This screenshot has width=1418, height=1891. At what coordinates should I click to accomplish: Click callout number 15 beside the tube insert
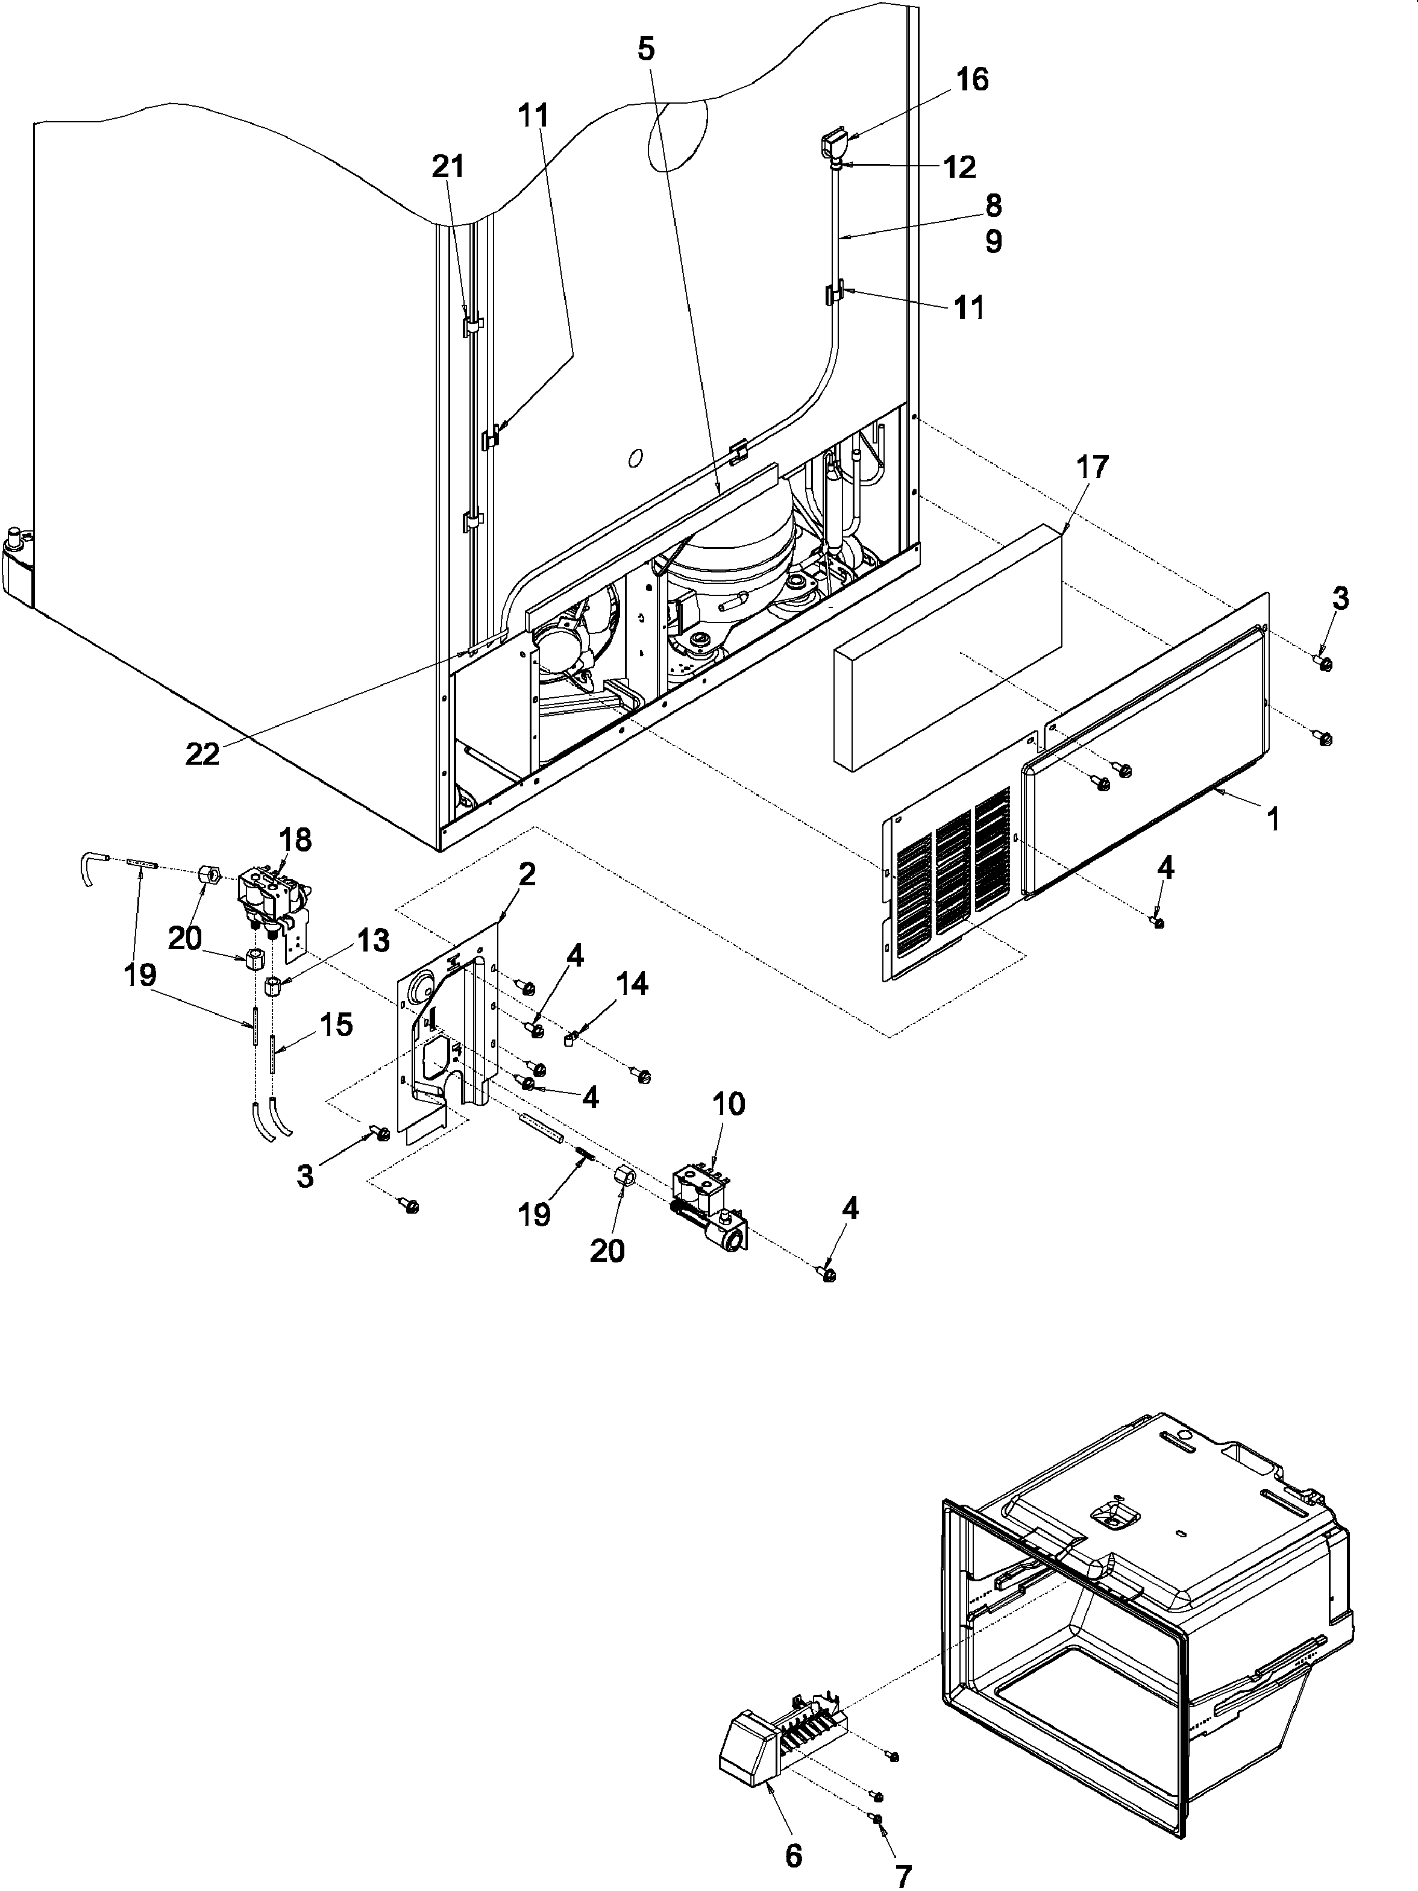(336, 1025)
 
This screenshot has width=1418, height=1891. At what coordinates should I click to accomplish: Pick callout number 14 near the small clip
(632, 984)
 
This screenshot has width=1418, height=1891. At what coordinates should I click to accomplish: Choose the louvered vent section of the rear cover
(949, 880)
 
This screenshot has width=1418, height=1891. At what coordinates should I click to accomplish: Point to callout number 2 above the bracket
(527, 874)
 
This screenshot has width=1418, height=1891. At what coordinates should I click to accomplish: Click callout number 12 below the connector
(961, 168)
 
